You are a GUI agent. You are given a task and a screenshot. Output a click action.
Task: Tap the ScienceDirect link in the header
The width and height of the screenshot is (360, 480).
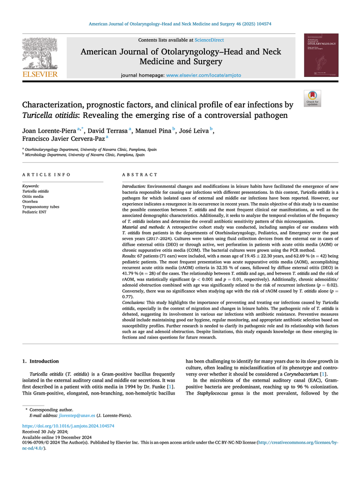(210, 39)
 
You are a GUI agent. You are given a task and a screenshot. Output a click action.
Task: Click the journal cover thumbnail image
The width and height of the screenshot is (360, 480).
(321, 55)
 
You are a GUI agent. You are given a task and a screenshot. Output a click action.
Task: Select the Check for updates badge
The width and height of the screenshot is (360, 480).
(312, 98)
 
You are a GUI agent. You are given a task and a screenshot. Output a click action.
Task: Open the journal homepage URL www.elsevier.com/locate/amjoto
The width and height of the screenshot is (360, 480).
(203, 74)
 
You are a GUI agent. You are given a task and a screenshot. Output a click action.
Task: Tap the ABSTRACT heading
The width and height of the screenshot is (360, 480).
(140, 175)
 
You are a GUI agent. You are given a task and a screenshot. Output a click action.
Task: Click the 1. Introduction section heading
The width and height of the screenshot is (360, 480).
(41, 361)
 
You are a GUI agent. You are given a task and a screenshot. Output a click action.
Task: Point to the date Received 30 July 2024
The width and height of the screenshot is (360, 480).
(46, 432)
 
